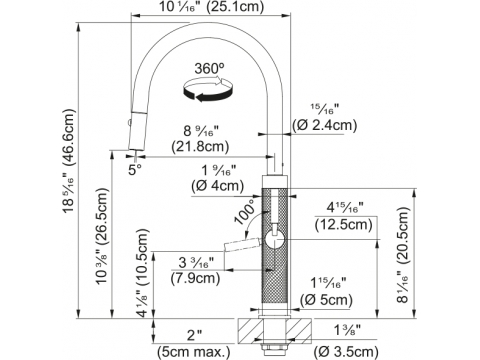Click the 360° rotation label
click(x=209, y=69)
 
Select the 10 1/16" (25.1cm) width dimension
click(x=211, y=6)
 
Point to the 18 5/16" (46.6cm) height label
click(x=68, y=161)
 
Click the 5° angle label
click(x=135, y=170)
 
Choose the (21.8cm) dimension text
click(x=200, y=146)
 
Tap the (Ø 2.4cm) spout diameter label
click(x=324, y=126)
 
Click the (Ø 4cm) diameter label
click(x=218, y=185)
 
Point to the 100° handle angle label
click(x=245, y=212)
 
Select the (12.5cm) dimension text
click(x=343, y=224)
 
